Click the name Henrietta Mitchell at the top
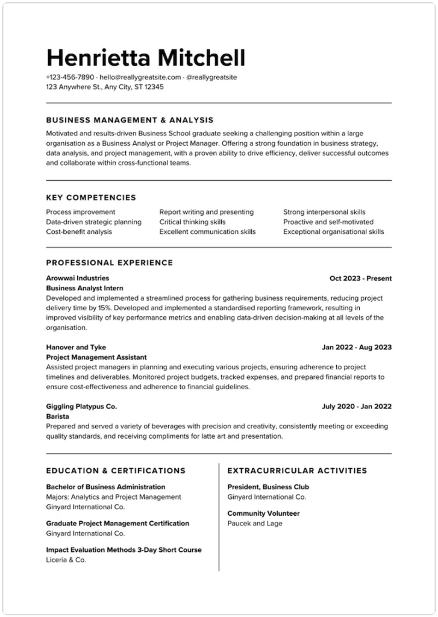(x=145, y=58)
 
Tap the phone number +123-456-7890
(x=70, y=77)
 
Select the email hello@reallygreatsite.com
(x=140, y=77)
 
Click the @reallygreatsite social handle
(x=211, y=77)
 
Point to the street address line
(x=104, y=87)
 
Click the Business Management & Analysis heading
(x=130, y=120)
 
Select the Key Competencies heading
(x=91, y=198)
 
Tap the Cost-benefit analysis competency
(x=79, y=231)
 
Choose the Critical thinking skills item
(x=192, y=222)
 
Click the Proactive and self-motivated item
(x=328, y=222)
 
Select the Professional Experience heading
(x=109, y=263)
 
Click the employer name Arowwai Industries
(x=78, y=278)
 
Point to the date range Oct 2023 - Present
(x=360, y=278)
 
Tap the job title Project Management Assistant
(x=96, y=357)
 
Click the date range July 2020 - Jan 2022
(x=357, y=407)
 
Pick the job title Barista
(x=57, y=416)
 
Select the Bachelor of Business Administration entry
(x=105, y=487)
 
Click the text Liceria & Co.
(x=66, y=560)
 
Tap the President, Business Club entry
(x=268, y=487)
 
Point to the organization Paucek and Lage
(x=255, y=524)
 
